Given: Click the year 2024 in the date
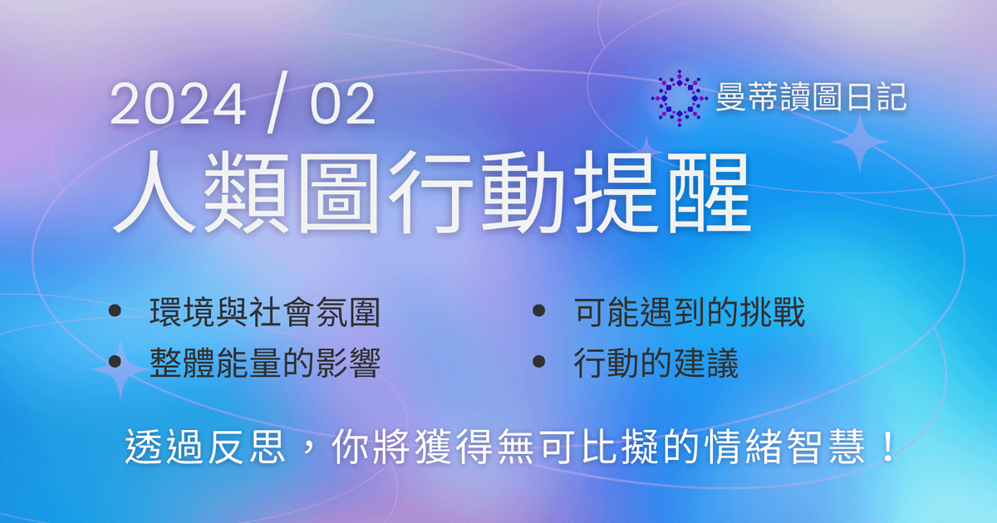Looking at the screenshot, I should (x=178, y=106).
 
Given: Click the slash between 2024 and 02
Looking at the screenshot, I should (x=272, y=107).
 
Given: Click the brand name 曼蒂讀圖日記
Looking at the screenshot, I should (x=811, y=99).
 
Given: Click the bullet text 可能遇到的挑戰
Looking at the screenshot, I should (x=689, y=314).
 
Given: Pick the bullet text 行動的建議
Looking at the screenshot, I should (x=656, y=363).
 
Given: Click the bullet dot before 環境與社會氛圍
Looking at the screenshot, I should (x=115, y=311).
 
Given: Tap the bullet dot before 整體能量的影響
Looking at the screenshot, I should (x=115, y=361).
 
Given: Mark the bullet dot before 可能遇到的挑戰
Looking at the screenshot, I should (x=538, y=311).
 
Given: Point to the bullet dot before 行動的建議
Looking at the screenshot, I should (x=538, y=361).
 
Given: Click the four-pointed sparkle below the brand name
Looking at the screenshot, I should (x=861, y=142).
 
